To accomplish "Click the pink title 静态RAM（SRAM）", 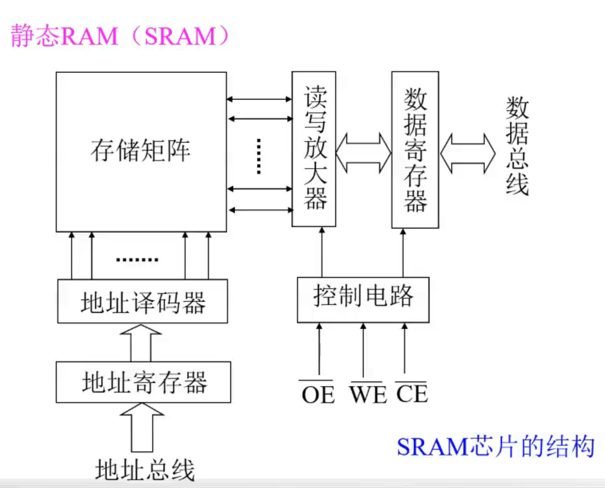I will pos(120,37).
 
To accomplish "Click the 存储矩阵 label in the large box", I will pos(141,151).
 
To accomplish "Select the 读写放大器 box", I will pos(314,149).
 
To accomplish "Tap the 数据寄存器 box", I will pos(415,150).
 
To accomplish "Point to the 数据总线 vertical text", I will pos(517,145).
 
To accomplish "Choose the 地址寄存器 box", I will pos(144,382).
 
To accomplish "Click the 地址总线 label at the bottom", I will pos(145,470).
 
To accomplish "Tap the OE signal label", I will pos(318,395).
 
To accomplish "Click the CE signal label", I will pos(411,395).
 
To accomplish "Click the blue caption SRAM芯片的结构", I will pos(495,447).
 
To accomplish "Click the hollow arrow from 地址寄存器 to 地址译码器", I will pos(140,343).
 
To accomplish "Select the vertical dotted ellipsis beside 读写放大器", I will pos(259,156).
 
